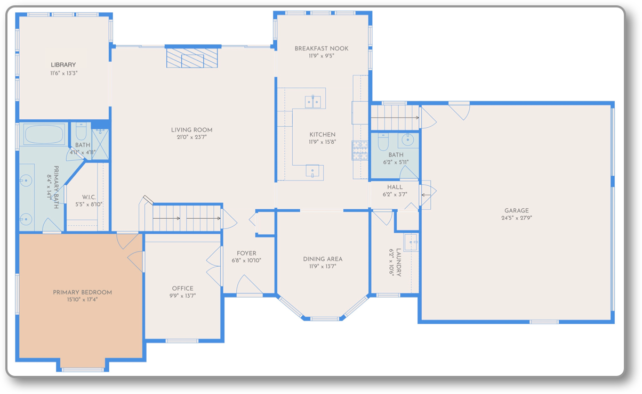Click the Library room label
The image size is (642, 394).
(63, 65)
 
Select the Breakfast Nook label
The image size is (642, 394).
(322, 48)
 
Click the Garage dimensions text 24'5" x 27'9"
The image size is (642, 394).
(517, 218)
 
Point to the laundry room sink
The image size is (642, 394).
(411, 242)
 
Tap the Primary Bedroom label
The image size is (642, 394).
(82, 292)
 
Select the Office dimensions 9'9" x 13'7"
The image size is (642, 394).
(183, 295)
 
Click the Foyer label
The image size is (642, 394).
(246, 253)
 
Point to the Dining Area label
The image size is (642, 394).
(323, 259)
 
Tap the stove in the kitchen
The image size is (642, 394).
(359, 151)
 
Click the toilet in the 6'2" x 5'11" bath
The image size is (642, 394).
(383, 142)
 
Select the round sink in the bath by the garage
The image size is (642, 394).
(408, 140)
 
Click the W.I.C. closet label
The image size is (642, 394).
(89, 197)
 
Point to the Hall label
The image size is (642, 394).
(395, 187)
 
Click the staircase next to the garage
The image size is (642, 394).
(395, 116)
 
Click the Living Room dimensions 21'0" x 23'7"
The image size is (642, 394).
(191, 137)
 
